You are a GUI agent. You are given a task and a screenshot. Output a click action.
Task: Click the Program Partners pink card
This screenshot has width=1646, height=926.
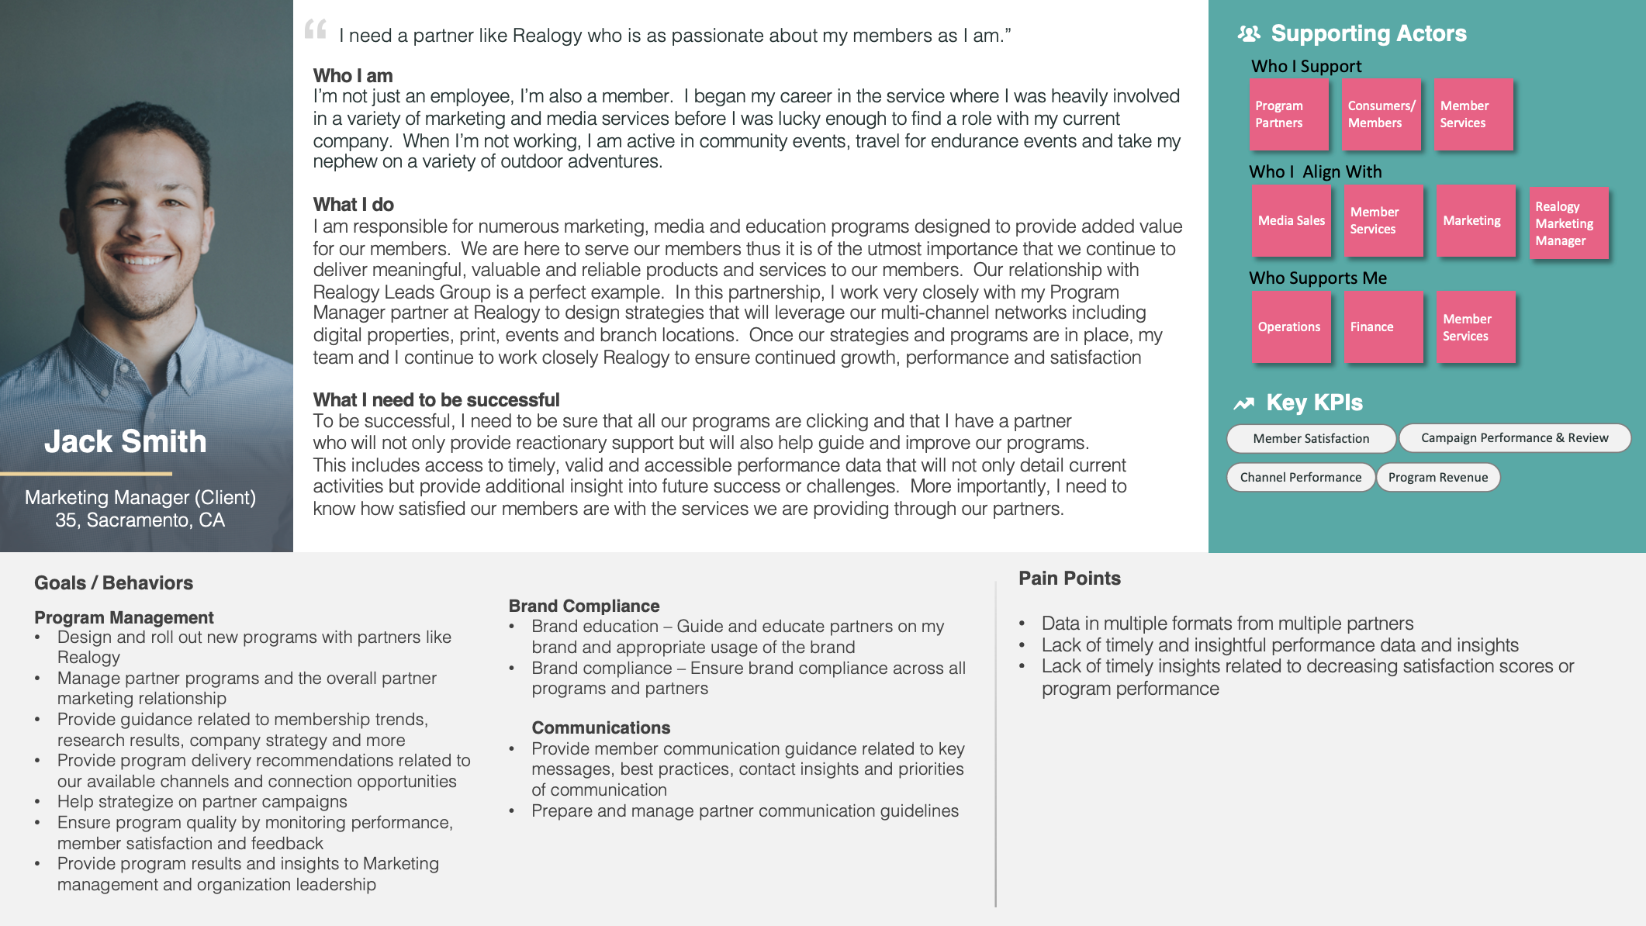click(1288, 114)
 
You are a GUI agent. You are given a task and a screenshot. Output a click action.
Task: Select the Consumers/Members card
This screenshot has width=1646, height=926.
click(1381, 114)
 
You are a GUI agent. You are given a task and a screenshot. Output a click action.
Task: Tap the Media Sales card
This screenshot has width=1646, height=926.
click(1291, 221)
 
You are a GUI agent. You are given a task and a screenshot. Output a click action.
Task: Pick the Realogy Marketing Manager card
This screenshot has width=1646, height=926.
click(1568, 223)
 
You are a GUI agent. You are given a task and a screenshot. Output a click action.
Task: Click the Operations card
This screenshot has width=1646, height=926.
click(1291, 327)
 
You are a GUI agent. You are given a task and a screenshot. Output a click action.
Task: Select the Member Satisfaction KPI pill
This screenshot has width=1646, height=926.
click(1311, 438)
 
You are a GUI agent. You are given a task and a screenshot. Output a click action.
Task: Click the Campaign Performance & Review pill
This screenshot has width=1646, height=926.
click(1514, 438)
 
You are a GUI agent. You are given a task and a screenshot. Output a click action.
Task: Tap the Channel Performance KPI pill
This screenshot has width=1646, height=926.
click(1300, 477)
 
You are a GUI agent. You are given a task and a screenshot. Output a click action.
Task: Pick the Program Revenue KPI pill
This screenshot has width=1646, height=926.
click(1438, 477)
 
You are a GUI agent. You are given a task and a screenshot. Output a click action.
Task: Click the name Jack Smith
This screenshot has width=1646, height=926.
click(126, 441)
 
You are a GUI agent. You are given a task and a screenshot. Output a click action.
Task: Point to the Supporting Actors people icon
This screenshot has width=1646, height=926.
click(1248, 33)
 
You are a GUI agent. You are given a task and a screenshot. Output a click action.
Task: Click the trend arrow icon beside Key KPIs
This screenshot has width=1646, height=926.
click(1244, 403)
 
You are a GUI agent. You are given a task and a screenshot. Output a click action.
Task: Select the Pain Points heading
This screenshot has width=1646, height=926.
click(1069, 579)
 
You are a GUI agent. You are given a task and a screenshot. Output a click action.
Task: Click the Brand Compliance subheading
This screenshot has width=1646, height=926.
click(583, 606)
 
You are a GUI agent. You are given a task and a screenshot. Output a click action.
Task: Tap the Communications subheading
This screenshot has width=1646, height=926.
click(600, 727)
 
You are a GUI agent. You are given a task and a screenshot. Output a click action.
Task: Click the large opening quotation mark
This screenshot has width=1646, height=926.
click(316, 29)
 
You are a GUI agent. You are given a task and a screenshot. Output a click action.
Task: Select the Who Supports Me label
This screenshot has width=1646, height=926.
click(1317, 278)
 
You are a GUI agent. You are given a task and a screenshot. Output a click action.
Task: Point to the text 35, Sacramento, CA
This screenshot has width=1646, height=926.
click(140, 520)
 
